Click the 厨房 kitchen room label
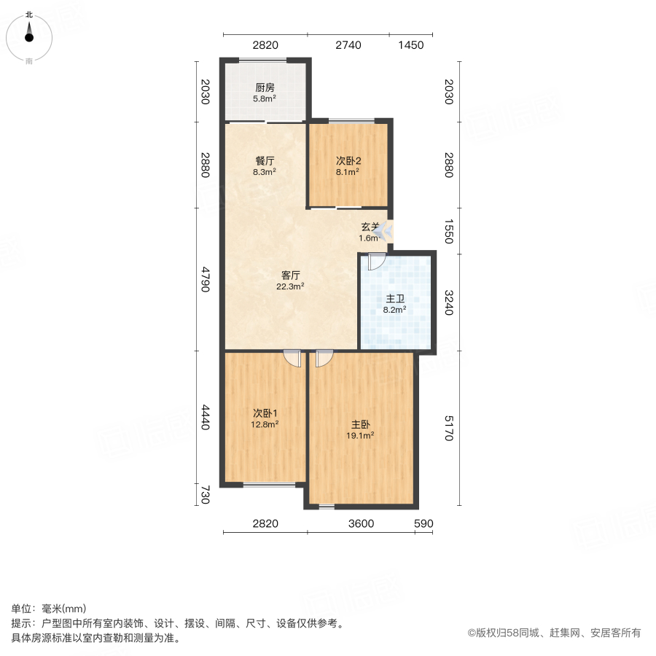tap(265, 87)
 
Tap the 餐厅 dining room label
tap(265, 160)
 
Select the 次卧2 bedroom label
tap(348, 161)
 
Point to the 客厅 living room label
tap(290, 276)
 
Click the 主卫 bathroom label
tap(395, 298)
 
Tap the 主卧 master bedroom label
tap(360, 424)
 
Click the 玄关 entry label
tap(370, 227)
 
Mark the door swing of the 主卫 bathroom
tap(376, 259)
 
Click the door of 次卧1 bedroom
tap(292, 357)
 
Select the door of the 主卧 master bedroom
tap(324, 357)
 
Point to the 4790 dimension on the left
tap(206, 279)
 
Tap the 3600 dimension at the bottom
tap(361, 523)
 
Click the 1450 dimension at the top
tap(410, 45)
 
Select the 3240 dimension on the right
tap(449, 302)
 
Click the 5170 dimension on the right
tap(449, 428)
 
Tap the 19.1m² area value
tap(360, 436)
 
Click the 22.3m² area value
tap(290, 286)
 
